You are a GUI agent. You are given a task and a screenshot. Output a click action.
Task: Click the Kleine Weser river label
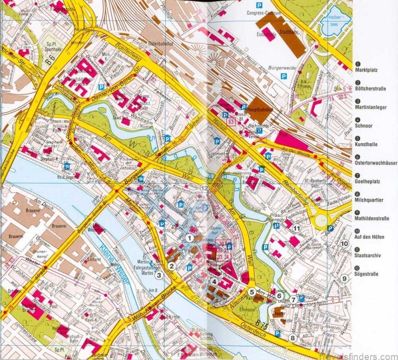114,262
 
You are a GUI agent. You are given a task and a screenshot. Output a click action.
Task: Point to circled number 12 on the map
204,187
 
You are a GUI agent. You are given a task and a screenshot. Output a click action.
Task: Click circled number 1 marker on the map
189,238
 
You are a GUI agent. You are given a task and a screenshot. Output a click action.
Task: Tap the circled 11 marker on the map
297,228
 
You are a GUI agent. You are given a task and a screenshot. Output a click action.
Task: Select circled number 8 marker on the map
293,339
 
